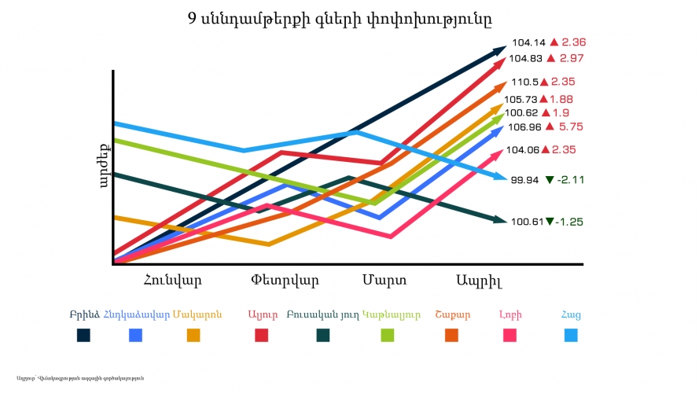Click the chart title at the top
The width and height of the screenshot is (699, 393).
(344, 17)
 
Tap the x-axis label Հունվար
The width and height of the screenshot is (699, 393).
(173, 279)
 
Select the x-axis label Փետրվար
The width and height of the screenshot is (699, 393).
(285, 279)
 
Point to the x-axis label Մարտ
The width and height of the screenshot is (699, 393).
(384, 279)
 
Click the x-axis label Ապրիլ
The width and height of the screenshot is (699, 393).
(479, 280)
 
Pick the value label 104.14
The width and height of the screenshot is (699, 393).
(528, 42)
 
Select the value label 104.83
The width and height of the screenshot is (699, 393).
(524, 58)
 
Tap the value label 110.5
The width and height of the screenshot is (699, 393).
(524, 82)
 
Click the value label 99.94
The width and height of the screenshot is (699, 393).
(524, 180)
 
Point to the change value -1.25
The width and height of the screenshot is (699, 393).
(569, 222)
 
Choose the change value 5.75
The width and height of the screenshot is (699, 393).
(571, 127)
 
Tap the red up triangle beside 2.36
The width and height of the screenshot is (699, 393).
(554, 42)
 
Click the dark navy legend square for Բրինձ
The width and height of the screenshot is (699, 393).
(83, 336)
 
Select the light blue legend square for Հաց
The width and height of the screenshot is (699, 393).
(571, 336)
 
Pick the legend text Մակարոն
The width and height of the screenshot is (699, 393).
(197, 315)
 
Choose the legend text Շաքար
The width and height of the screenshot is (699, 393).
(452, 315)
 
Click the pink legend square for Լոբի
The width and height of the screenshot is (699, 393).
(510, 336)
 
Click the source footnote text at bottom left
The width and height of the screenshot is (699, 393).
(79, 379)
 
